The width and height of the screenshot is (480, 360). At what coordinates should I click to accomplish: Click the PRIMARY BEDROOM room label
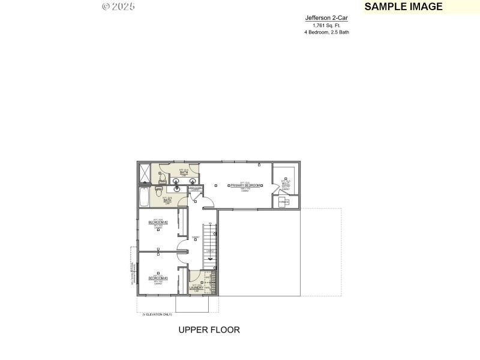tap(245, 186)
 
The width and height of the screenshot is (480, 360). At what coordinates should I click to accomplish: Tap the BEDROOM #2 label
tap(158, 223)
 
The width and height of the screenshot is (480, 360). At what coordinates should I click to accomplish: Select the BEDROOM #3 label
tap(158, 278)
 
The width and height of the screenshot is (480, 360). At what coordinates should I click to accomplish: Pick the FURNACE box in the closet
tap(284, 202)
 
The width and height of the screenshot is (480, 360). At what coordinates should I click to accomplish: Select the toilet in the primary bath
tap(161, 176)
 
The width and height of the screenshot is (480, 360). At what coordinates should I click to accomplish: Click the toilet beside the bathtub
tap(158, 191)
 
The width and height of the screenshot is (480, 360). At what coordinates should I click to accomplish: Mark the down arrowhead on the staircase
tap(210, 259)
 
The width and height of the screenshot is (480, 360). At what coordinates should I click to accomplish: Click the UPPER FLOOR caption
tap(209, 330)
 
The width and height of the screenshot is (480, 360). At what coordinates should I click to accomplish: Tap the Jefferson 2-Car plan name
tap(326, 18)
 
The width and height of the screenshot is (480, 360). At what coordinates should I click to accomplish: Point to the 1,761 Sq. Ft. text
tap(326, 25)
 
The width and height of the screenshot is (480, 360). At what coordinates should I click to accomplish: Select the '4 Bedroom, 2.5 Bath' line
tap(326, 32)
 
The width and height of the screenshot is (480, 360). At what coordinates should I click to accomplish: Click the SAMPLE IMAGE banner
tap(403, 7)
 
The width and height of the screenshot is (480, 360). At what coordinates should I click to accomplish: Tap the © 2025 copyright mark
tap(118, 7)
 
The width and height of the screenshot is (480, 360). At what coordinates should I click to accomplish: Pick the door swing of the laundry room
tap(194, 276)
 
